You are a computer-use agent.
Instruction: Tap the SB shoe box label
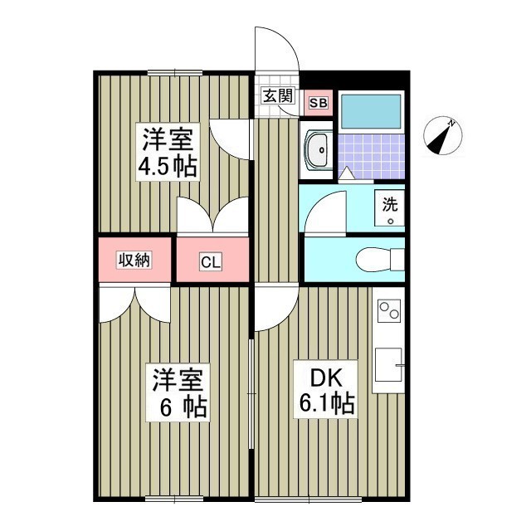coord(317,103)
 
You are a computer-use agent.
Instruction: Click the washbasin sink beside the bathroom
coord(316,151)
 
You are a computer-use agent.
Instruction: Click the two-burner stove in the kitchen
coord(387,312)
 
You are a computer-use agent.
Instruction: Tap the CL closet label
coord(211,263)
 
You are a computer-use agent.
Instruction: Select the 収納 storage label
coord(133,260)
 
